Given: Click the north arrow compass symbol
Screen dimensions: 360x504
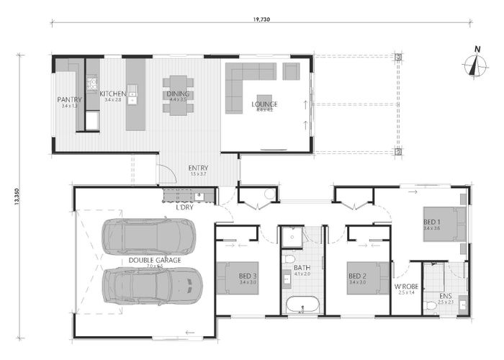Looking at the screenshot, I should coord(474,63).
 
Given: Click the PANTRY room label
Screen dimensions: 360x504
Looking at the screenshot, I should coord(69,99).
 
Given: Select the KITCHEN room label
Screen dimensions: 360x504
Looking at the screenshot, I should coord(112,94).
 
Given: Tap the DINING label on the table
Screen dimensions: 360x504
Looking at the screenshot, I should coord(177,94).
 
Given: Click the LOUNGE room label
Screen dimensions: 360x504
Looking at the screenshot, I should coord(264,104).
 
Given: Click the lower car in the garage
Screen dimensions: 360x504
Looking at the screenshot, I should coord(152,284).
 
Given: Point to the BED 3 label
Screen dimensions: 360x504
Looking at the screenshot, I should coord(249,275).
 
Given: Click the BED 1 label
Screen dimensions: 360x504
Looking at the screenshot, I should coord(432,222).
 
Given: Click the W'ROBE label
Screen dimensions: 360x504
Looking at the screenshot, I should coord(404,289).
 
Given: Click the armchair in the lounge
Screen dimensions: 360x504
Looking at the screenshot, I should coord(291,71).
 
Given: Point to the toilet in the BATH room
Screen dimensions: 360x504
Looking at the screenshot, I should coord(289,258).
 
